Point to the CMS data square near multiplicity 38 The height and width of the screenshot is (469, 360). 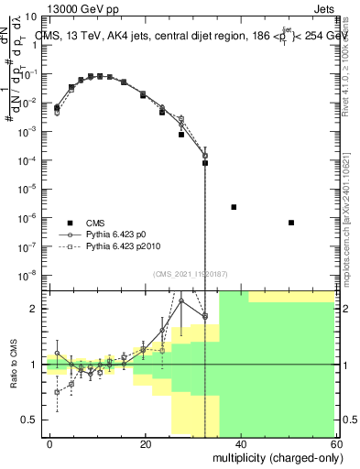coord(234,207)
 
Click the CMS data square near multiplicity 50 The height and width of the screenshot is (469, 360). coord(290,223)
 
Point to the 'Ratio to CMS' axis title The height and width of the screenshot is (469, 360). coord(15,363)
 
